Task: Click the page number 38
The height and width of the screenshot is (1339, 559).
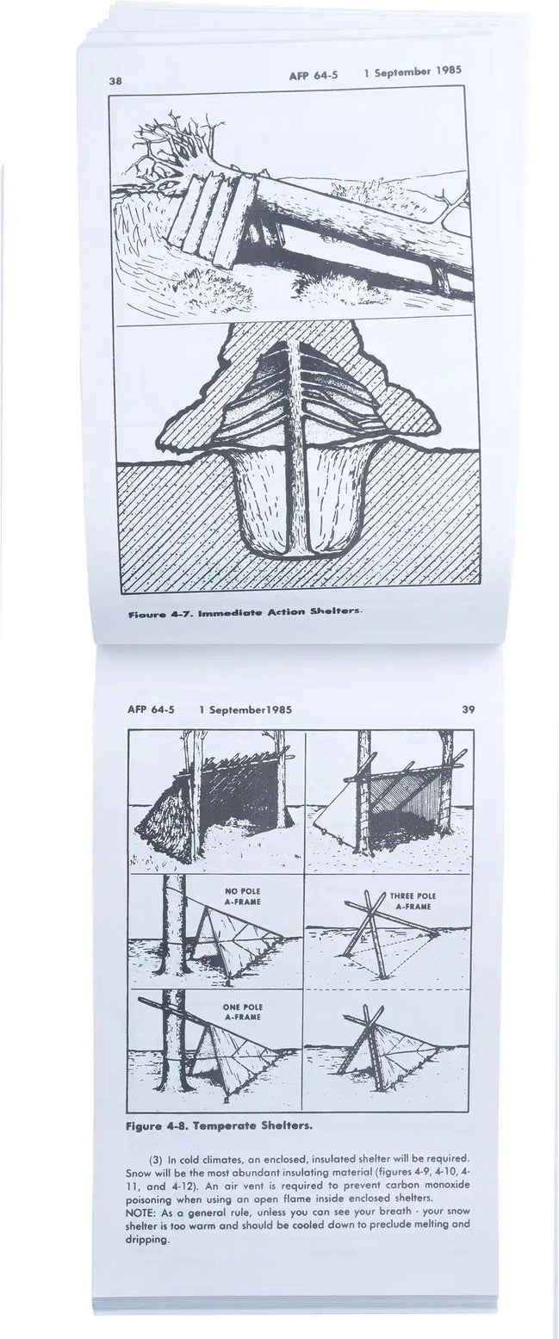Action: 115,80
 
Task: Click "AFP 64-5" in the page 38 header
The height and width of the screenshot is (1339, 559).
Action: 314,75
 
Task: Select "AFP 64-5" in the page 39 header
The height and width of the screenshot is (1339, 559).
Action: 151,710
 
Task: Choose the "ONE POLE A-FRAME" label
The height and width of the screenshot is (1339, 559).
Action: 242,1012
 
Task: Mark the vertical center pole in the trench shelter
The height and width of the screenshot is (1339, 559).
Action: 295,448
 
